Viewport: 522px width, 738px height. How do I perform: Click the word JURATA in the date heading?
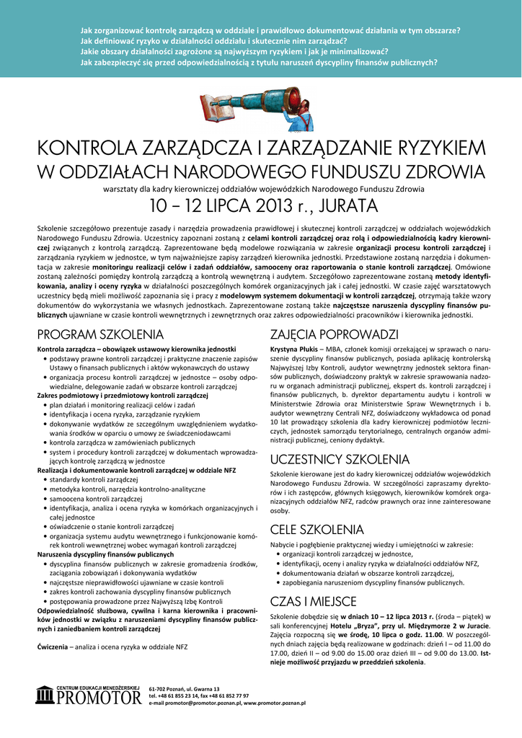(332, 206)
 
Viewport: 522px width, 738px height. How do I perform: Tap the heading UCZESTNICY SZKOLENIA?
(340, 459)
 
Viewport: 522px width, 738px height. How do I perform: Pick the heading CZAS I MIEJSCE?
(313, 601)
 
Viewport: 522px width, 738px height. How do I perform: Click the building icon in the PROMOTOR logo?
(45, 696)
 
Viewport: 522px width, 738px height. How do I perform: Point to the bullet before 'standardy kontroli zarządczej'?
(46, 479)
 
